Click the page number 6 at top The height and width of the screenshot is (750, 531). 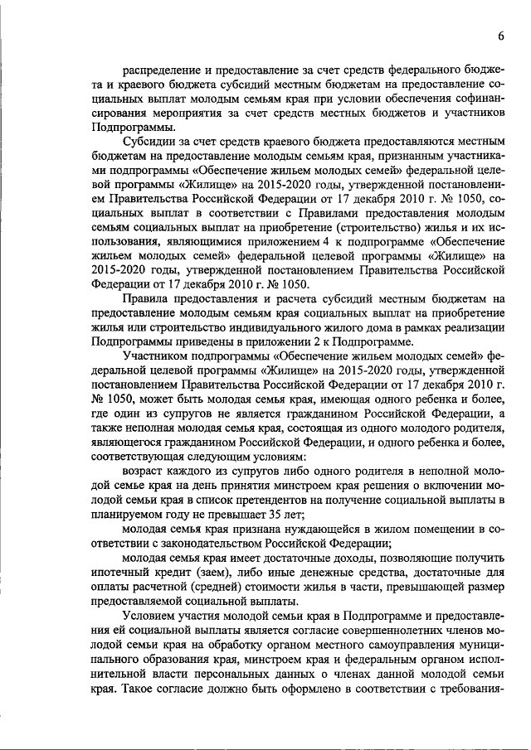click(502, 36)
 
